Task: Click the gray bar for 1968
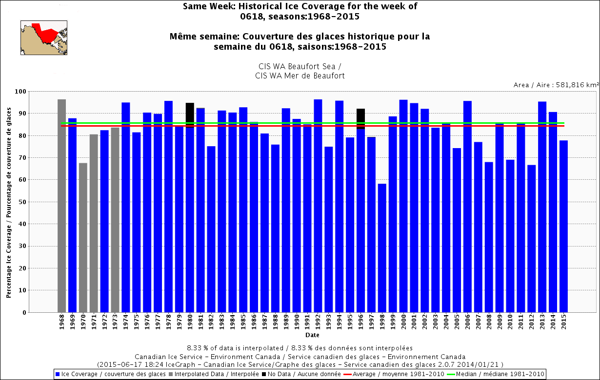[61, 205]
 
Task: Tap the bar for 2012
[532, 239]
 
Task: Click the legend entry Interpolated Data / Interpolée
[204, 374]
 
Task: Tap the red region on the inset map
[46, 34]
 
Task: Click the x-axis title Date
[312, 335]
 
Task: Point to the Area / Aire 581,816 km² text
[556, 85]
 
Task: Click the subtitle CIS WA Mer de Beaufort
[300, 76]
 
